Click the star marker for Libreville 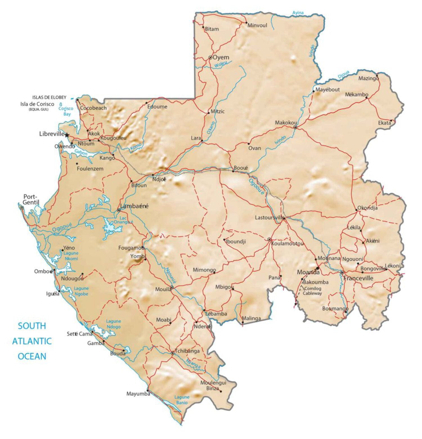pos(67,135)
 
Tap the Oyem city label pos(221,57)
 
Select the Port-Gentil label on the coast pos(31,200)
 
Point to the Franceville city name pos(358,278)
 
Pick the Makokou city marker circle pos(295,127)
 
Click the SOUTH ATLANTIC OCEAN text pos(32,341)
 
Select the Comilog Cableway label pos(312,291)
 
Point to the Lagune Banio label pos(182,400)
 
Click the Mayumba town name pos(138,394)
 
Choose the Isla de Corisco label pos(37,104)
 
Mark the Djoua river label pos(344,74)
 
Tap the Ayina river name pos(298,13)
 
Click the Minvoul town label pos(257,26)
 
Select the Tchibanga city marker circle pos(173,353)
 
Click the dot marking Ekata pos(391,121)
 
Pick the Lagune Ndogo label pos(113,324)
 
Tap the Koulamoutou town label pos(287,244)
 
